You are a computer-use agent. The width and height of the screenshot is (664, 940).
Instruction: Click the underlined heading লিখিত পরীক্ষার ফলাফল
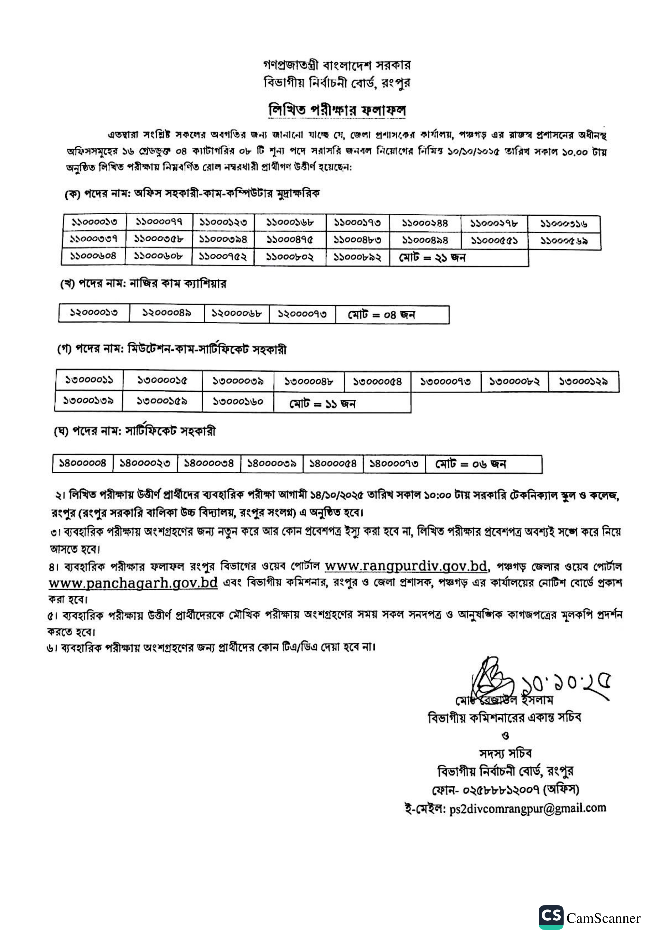(337, 110)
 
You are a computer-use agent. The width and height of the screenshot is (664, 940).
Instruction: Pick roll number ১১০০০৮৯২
(357, 257)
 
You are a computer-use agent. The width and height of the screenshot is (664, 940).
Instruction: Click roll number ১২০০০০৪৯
(167, 313)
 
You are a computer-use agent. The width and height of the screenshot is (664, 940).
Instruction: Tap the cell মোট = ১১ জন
(322, 404)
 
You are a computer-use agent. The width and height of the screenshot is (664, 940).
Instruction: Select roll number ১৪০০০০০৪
(83, 463)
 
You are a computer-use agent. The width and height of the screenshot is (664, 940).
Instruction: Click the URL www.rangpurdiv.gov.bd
(406, 566)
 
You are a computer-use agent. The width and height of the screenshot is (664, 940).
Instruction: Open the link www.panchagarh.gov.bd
(133, 583)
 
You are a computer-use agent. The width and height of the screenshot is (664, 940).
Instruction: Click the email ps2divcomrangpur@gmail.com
(527, 808)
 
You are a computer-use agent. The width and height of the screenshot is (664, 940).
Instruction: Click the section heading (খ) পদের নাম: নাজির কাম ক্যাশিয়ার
(143, 284)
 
